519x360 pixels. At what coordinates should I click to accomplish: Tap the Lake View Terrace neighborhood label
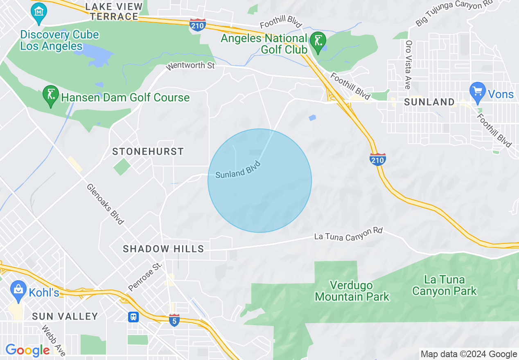pyautogui.click(x=114, y=11)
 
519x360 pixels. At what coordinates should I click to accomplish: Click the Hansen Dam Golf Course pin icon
pyautogui.click(x=50, y=95)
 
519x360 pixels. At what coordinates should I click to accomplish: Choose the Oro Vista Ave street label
pyautogui.click(x=408, y=65)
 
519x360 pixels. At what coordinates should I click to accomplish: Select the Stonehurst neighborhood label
pyautogui.click(x=148, y=151)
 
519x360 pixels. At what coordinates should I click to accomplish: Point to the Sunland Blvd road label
pyautogui.click(x=238, y=169)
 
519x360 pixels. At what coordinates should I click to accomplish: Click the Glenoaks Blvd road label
pyautogui.click(x=105, y=204)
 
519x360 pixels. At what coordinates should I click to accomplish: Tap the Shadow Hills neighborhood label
pyautogui.click(x=163, y=249)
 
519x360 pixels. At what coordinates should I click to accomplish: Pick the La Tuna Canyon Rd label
pyautogui.click(x=348, y=234)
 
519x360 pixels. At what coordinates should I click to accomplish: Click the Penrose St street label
pyautogui.click(x=145, y=277)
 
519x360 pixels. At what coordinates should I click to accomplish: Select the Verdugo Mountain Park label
pyautogui.click(x=352, y=291)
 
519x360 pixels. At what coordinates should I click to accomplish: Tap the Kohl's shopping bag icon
pyautogui.click(x=18, y=289)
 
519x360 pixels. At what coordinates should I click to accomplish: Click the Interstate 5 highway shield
pyautogui.click(x=174, y=320)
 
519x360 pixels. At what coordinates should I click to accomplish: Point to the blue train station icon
pyautogui.click(x=133, y=317)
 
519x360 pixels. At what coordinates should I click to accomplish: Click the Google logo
pyautogui.click(x=27, y=350)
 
